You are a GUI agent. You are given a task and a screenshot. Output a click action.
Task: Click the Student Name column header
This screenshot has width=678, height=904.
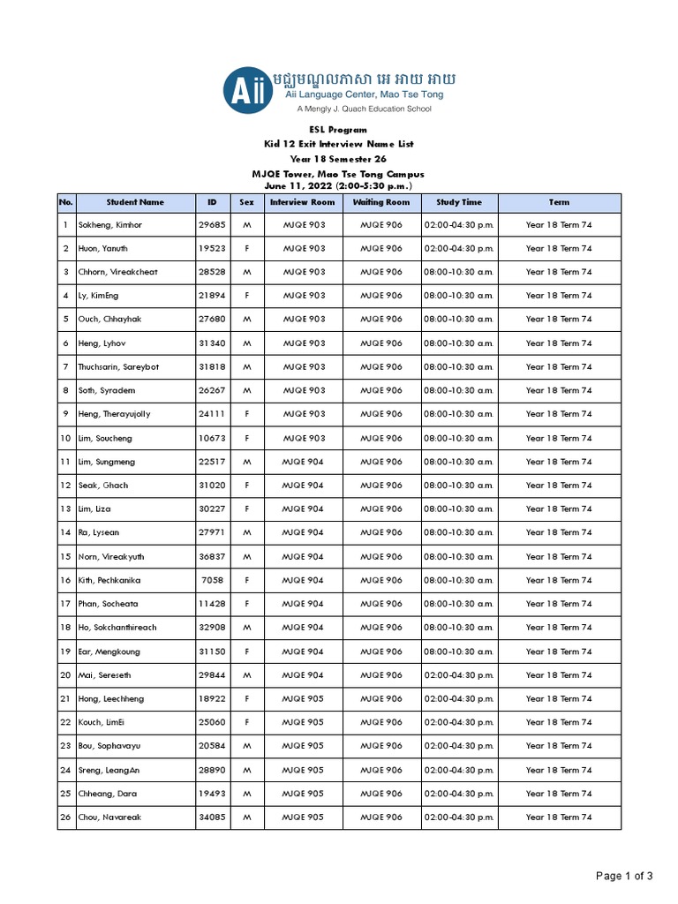point(135,202)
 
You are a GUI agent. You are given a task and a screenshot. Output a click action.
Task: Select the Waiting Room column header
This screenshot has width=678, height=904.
point(381,202)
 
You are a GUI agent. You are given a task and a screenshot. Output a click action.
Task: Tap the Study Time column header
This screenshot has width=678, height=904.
point(459,202)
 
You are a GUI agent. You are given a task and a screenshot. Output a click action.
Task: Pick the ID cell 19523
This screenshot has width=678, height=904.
point(212,249)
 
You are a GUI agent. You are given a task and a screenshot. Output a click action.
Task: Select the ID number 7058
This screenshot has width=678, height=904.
point(212,580)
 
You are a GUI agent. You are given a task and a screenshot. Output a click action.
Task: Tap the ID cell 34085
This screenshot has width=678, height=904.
point(212,817)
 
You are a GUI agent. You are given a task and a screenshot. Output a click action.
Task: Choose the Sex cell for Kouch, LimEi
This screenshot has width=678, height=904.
point(247,722)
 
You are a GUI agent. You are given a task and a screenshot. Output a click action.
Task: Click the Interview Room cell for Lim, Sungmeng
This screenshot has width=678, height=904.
point(303,462)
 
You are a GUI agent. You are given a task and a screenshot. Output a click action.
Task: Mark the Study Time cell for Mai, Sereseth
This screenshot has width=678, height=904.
point(459,675)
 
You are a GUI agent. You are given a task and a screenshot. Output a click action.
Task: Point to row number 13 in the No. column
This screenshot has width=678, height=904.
point(65,509)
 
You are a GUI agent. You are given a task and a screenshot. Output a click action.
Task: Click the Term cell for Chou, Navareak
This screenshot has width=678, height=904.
point(559,817)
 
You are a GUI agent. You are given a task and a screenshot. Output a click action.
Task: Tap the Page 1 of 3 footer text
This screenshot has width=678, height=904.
point(624,877)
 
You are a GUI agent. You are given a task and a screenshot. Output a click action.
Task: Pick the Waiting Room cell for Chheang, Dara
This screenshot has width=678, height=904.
point(381,794)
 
